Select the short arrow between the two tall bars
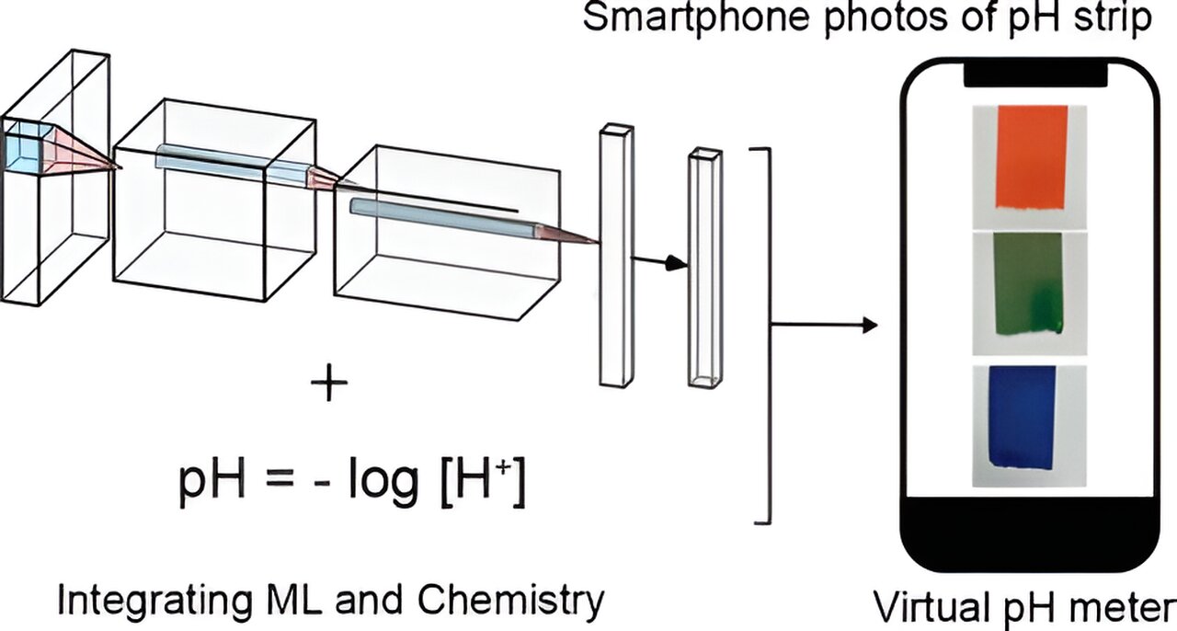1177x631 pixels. pyautogui.click(x=661, y=262)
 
